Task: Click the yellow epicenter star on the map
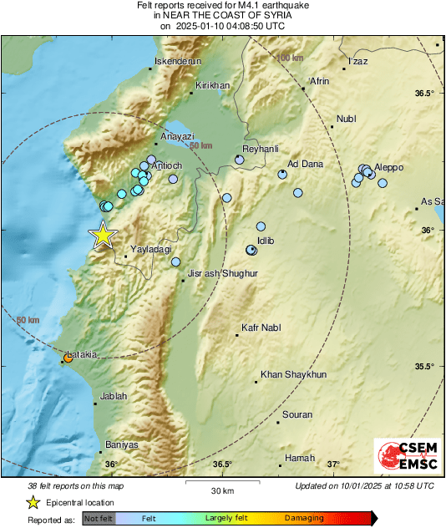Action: coord(103,236)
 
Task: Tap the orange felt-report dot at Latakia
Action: coord(68,358)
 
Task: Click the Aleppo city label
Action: coord(388,167)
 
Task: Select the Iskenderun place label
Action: coord(177,60)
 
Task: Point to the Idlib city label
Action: coord(266,241)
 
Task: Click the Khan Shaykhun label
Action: coord(293,374)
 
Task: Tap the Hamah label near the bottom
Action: coord(300,458)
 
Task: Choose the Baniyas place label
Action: coord(122,444)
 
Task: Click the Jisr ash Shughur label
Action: coord(223,273)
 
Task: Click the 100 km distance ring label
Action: coord(290,58)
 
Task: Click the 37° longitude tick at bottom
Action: coord(333,464)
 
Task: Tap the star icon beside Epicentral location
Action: coord(33,502)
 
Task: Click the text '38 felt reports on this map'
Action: coord(76,485)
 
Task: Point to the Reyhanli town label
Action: coord(260,148)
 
